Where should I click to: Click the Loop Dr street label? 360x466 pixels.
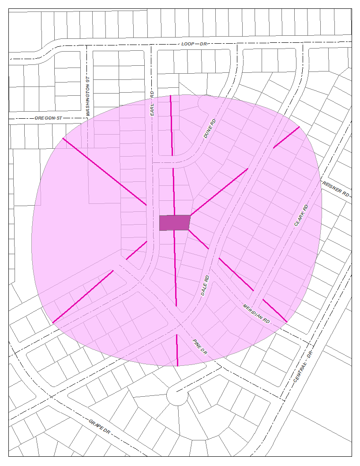click(194, 44)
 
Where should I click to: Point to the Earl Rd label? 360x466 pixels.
click(152, 105)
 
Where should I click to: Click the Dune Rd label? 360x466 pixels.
click(210, 129)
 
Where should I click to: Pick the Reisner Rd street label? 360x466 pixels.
click(335, 189)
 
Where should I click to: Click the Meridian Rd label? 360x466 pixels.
click(256, 313)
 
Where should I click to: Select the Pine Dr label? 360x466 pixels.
click(199, 347)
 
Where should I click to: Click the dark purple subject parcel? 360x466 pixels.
click(174, 222)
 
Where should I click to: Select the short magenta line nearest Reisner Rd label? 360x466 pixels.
click(286, 137)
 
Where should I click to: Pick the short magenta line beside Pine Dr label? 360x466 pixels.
click(177, 350)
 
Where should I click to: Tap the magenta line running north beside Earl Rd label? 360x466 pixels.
click(171, 125)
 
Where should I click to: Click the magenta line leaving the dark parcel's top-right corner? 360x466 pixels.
click(219, 192)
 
